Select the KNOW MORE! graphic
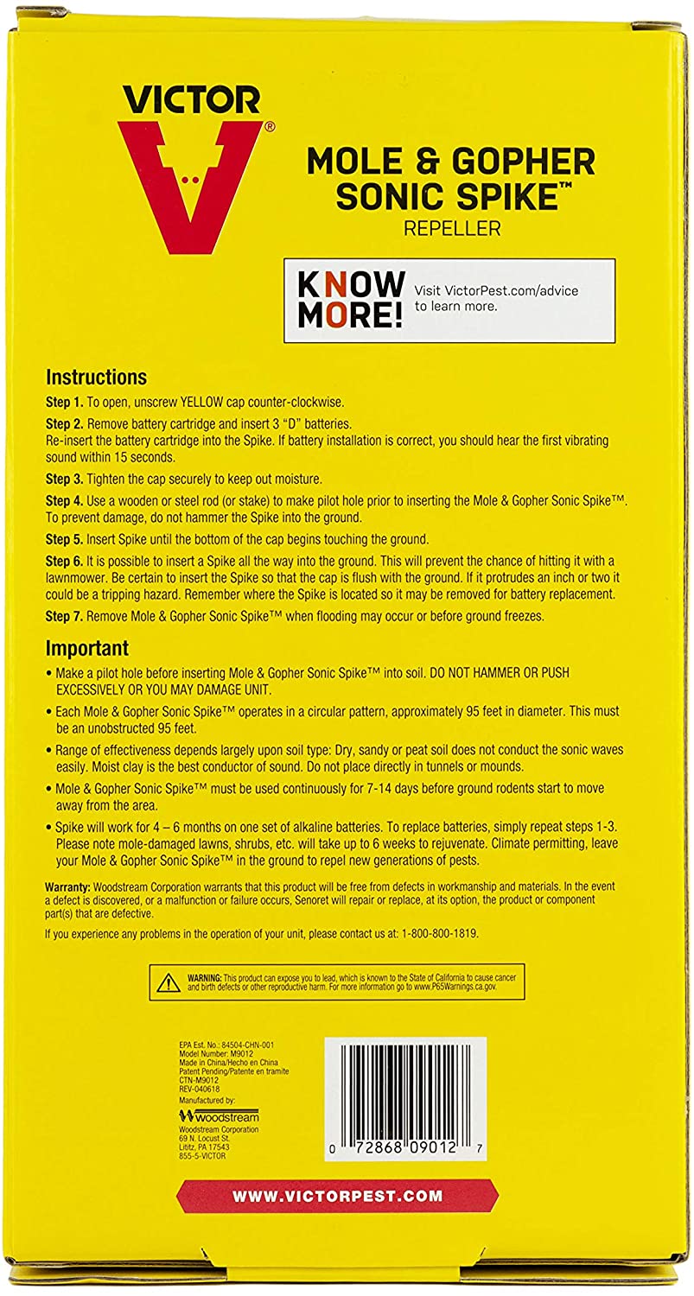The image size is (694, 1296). point(350,299)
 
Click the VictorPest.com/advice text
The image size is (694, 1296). point(498,290)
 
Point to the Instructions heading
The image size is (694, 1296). point(96,378)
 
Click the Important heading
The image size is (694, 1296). point(87,648)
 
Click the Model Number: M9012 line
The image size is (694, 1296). point(215,1055)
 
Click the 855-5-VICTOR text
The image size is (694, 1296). point(202,1156)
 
